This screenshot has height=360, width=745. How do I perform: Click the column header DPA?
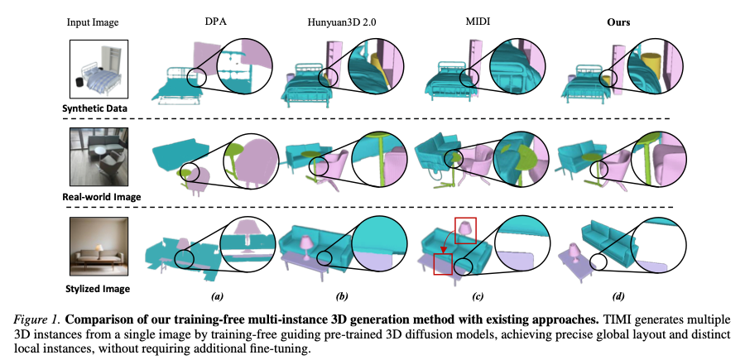point(217,22)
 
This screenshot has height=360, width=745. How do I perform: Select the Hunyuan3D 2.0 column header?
point(342,22)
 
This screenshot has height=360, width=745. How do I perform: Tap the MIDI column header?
point(477,22)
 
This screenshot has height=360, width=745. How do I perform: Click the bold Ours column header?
point(618,22)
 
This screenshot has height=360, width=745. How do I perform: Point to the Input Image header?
point(93,23)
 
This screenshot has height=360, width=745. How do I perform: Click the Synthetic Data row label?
point(95,108)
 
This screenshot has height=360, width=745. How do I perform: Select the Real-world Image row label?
point(102,196)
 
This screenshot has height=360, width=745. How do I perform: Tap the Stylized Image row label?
point(97,288)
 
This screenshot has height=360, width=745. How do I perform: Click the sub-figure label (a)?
point(217,297)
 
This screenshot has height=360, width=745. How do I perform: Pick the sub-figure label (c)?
point(478,297)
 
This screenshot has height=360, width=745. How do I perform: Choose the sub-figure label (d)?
point(618,297)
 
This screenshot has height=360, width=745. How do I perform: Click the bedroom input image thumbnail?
point(99,69)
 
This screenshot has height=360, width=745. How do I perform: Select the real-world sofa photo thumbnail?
point(99,156)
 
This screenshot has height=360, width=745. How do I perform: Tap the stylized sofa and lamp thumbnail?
point(99,246)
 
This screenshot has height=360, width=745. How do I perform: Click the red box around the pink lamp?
point(465,230)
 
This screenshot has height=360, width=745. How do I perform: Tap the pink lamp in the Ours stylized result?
point(574,252)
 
